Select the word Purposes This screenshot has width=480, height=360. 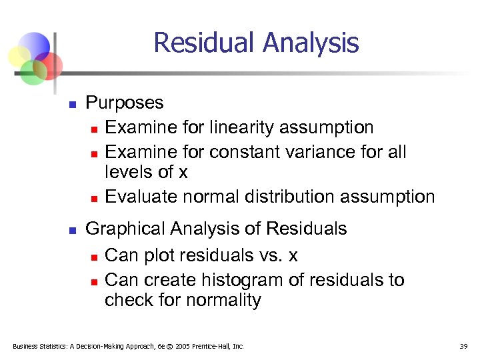[x=125, y=103]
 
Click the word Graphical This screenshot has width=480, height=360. [x=127, y=229]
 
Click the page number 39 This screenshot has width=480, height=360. [x=464, y=346]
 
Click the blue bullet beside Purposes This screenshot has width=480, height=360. [x=73, y=104]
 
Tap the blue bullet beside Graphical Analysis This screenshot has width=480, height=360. [x=73, y=230]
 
